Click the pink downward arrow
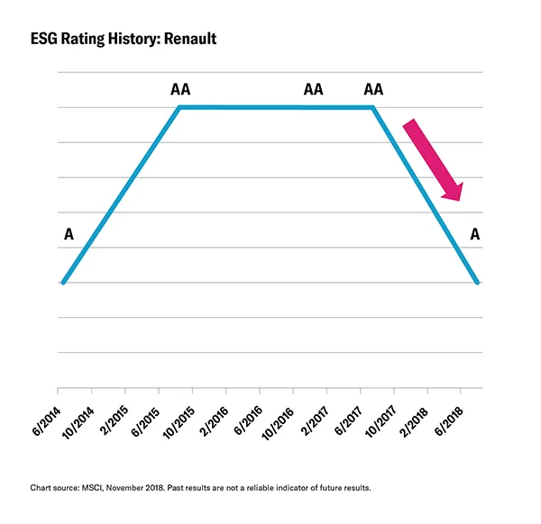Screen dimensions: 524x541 433,159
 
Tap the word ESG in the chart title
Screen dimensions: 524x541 44,41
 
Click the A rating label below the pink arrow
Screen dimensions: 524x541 475,236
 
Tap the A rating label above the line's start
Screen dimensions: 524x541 69,236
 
